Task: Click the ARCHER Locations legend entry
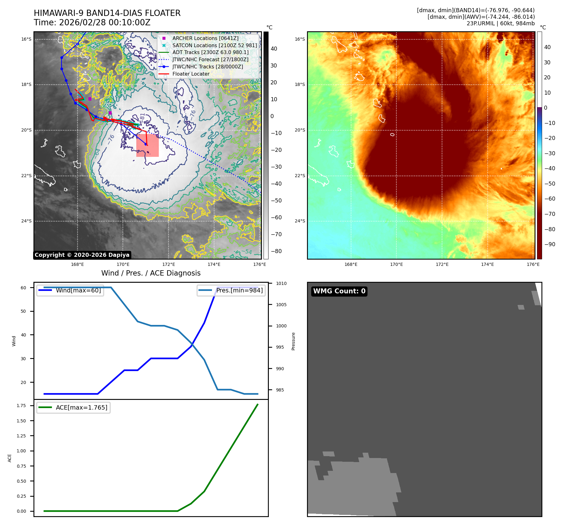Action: tap(205, 38)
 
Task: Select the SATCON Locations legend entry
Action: tap(214, 45)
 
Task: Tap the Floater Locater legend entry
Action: tap(191, 74)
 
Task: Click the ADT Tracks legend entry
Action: tap(210, 52)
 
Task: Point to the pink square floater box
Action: tap(148, 146)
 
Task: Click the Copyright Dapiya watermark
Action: tap(82, 255)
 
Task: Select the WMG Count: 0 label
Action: tap(339, 291)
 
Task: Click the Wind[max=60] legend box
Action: tap(70, 290)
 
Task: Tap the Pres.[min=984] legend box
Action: tap(231, 290)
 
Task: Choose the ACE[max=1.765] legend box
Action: tap(73, 407)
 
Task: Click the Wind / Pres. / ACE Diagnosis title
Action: tap(151, 273)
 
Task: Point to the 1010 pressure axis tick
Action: tap(281, 283)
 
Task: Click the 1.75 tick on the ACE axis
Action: tap(21, 406)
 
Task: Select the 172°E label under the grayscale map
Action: tap(168, 264)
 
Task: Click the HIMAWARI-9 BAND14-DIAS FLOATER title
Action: tap(107, 13)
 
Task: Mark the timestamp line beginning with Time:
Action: tap(92, 22)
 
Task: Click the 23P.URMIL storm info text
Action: tap(500, 23)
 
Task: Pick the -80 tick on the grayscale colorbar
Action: tap(276, 251)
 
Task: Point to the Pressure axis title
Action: tap(293, 341)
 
